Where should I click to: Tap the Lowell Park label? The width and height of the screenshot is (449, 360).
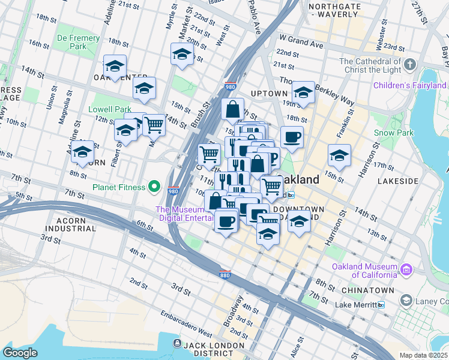109,110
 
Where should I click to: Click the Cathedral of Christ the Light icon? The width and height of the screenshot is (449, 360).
410,64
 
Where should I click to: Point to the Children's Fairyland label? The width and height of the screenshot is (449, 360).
410,86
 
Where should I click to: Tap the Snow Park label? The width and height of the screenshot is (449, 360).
385,133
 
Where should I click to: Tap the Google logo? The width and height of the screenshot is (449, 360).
20,352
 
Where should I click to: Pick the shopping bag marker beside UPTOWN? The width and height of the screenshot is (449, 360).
232,110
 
